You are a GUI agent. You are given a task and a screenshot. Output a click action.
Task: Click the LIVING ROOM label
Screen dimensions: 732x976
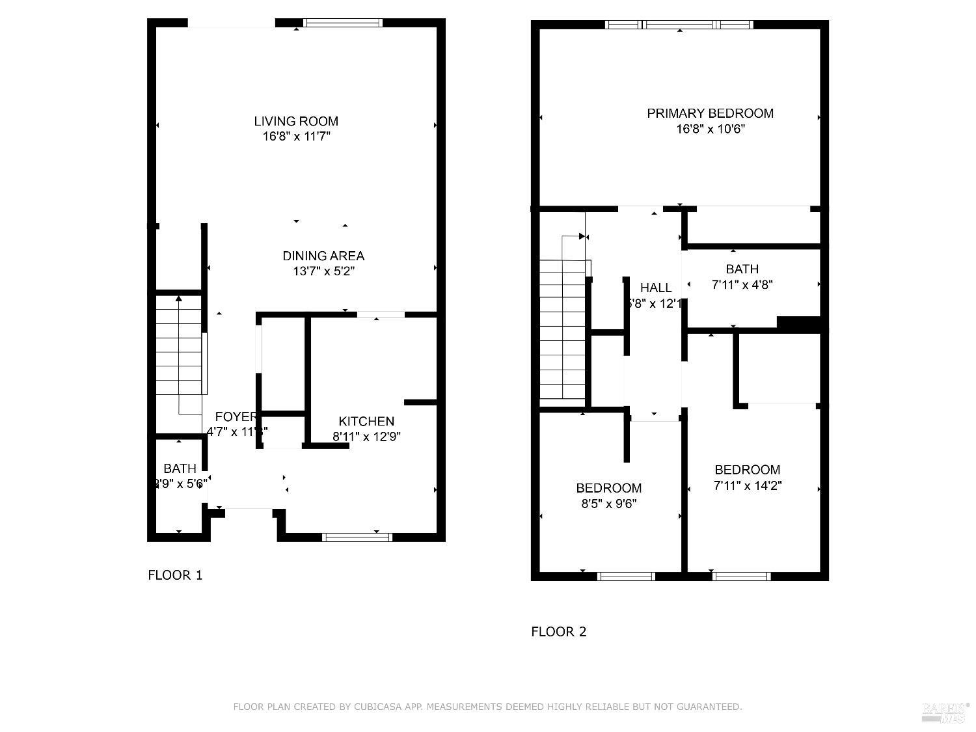(x=296, y=121)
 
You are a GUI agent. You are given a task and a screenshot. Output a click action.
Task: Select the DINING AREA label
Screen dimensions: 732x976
(x=323, y=256)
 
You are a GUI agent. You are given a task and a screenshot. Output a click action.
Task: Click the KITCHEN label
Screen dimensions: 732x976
(x=366, y=422)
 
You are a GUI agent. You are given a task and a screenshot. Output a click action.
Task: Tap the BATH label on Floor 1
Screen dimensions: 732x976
(x=180, y=468)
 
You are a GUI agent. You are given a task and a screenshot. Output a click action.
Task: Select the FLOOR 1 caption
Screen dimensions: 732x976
(x=175, y=575)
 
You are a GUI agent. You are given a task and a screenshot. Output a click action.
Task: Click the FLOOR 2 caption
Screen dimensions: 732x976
(x=559, y=632)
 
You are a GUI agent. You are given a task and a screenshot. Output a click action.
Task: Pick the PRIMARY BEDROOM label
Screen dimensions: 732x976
(x=710, y=113)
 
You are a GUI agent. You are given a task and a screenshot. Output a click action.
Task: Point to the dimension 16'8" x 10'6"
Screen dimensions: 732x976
(x=710, y=129)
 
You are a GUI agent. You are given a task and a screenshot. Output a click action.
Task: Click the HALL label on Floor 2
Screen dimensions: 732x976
(x=655, y=288)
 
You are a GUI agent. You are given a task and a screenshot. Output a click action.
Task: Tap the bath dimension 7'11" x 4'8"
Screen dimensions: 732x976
(x=742, y=284)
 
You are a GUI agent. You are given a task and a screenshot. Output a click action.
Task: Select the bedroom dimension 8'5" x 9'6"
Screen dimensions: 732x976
(x=608, y=504)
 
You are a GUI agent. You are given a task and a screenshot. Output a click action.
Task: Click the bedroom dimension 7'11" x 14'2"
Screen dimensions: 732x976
(x=747, y=485)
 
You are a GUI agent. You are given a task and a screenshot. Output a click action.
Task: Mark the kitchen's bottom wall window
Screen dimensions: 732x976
(x=357, y=537)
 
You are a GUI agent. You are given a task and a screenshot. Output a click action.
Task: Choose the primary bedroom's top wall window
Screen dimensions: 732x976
(x=679, y=25)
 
